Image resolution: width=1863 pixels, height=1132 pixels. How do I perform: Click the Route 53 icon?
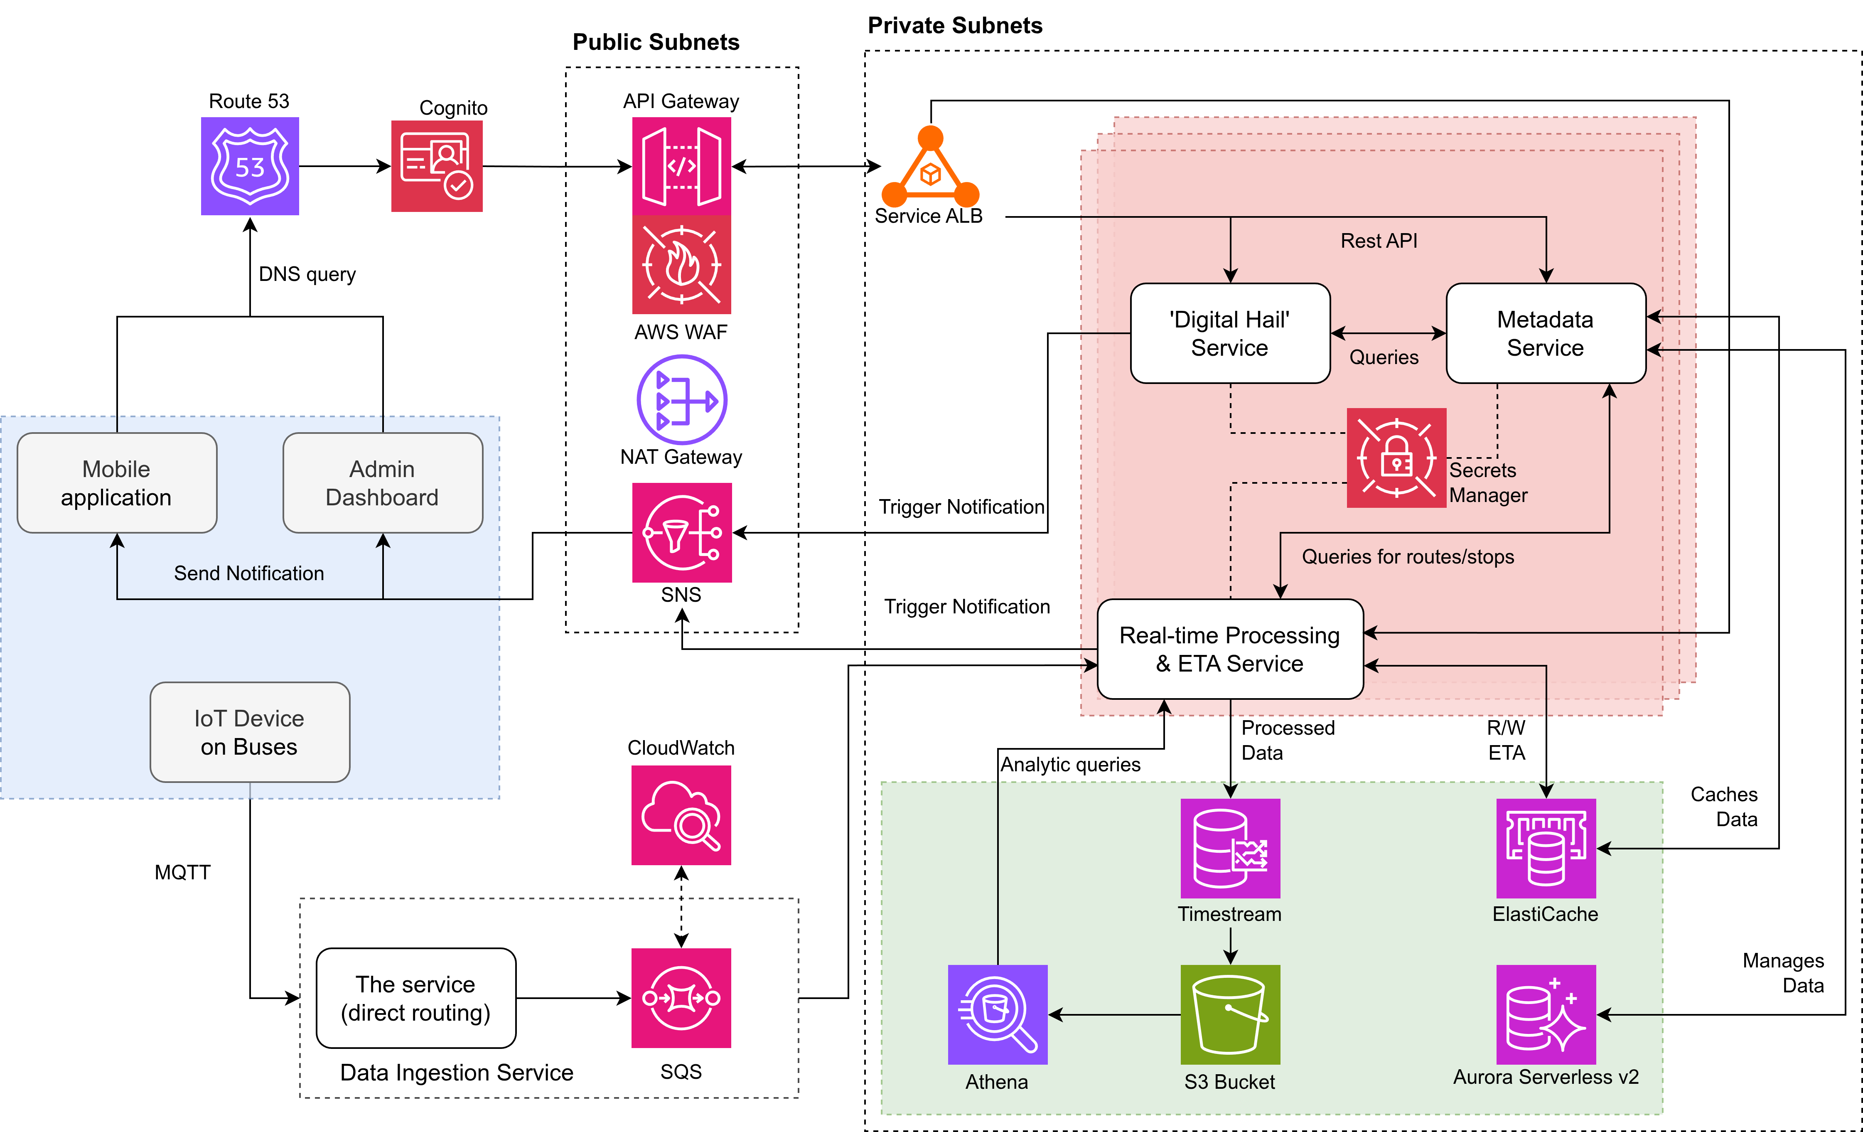coord(250,166)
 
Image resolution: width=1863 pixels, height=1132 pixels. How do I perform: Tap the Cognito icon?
coord(436,166)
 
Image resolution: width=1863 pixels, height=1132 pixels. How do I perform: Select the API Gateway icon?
coord(681,166)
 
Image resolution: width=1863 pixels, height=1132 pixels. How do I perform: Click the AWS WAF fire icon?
coord(681,265)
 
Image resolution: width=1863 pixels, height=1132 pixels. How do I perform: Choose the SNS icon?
coord(681,532)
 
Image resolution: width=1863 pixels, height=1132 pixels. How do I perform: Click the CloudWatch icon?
coord(681,815)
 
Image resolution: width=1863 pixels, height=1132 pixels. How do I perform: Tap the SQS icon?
coord(681,998)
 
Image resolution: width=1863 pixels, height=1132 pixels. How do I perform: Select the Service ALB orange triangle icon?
coord(930,170)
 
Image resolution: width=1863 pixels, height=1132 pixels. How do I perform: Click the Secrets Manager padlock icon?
coord(1396,458)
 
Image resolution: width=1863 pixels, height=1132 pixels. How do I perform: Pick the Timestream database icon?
coord(1230,849)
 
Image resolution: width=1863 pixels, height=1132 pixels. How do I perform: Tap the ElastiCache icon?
coord(1546,849)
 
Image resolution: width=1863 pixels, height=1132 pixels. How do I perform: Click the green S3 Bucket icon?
coord(1230,1015)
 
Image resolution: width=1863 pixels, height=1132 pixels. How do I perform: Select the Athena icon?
coord(997,1015)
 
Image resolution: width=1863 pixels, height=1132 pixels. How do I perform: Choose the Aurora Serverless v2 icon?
coord(1546,1015)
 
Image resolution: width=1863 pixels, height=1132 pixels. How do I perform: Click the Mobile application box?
coord(116,482)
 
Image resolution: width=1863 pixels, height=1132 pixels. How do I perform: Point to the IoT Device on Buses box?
coord(250,732)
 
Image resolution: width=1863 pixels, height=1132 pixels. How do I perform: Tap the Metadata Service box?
coord(1546,333)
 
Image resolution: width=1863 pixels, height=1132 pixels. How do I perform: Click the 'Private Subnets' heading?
coord(955,26)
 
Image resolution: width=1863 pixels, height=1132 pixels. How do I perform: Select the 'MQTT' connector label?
coord(182,873)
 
